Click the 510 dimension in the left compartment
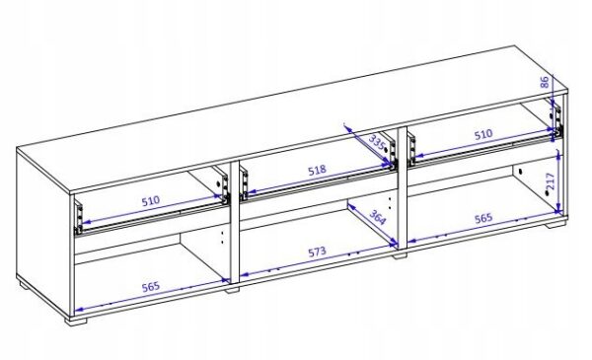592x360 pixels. [x=151, y=200]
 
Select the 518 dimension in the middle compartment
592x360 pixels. [x=317, y=171]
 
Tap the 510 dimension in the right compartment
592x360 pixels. [x=483, y=134]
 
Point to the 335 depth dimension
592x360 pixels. [x=377, y=143]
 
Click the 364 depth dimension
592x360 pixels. [x=377, y=217]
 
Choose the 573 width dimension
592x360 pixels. [x=317, y=252]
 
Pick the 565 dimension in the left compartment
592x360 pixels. [x=151, y=287]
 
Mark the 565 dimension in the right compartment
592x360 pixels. [x=483, y=218]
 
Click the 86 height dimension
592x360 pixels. [x=544, y=82]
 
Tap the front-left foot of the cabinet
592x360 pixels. [x=76, y=320]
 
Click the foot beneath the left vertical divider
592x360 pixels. [x=233, y=290]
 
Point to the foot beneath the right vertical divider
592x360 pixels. [x=400, y=255]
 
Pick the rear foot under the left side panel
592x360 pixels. [x=24, y=284]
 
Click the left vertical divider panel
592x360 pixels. [x=234, y=222]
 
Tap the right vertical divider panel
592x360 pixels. [x=403, y=187]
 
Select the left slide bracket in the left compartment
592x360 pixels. [x=79, y=218]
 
